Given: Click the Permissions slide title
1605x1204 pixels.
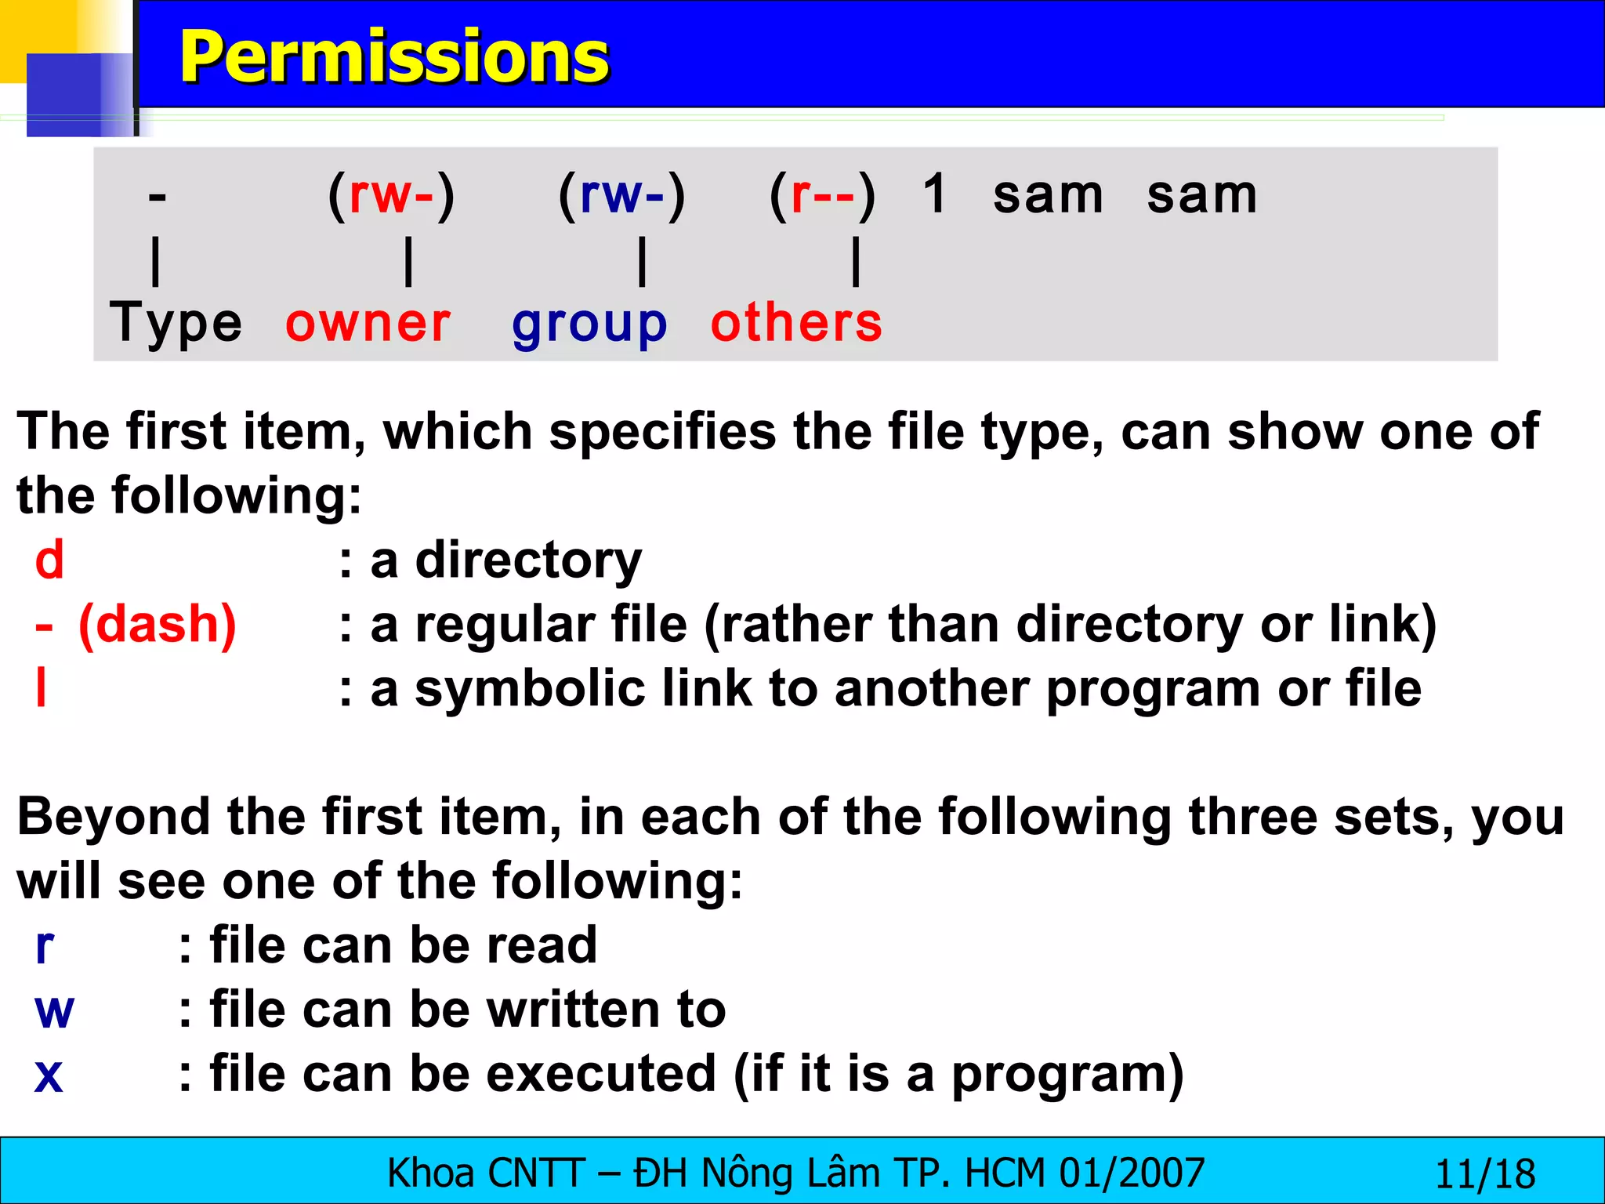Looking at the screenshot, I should point(394,56).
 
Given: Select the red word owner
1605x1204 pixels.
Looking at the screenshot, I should point(368,323).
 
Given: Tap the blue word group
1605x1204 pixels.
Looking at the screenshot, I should point(589,325).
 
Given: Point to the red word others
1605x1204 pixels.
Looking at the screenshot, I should point(796,323).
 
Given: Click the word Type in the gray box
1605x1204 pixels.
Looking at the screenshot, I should point(176,323).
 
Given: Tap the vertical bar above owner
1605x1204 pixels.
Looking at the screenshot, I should point(408,262).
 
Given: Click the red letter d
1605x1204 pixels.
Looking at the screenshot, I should point(49,560).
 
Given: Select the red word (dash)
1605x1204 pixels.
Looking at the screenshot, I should point(158,625).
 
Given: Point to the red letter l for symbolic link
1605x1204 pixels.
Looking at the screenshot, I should point(42,688).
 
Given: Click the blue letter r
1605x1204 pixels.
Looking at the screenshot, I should point(45,946).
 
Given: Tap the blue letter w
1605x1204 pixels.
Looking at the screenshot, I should point(54,1010).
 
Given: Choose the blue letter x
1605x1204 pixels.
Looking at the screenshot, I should point(49,1075).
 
